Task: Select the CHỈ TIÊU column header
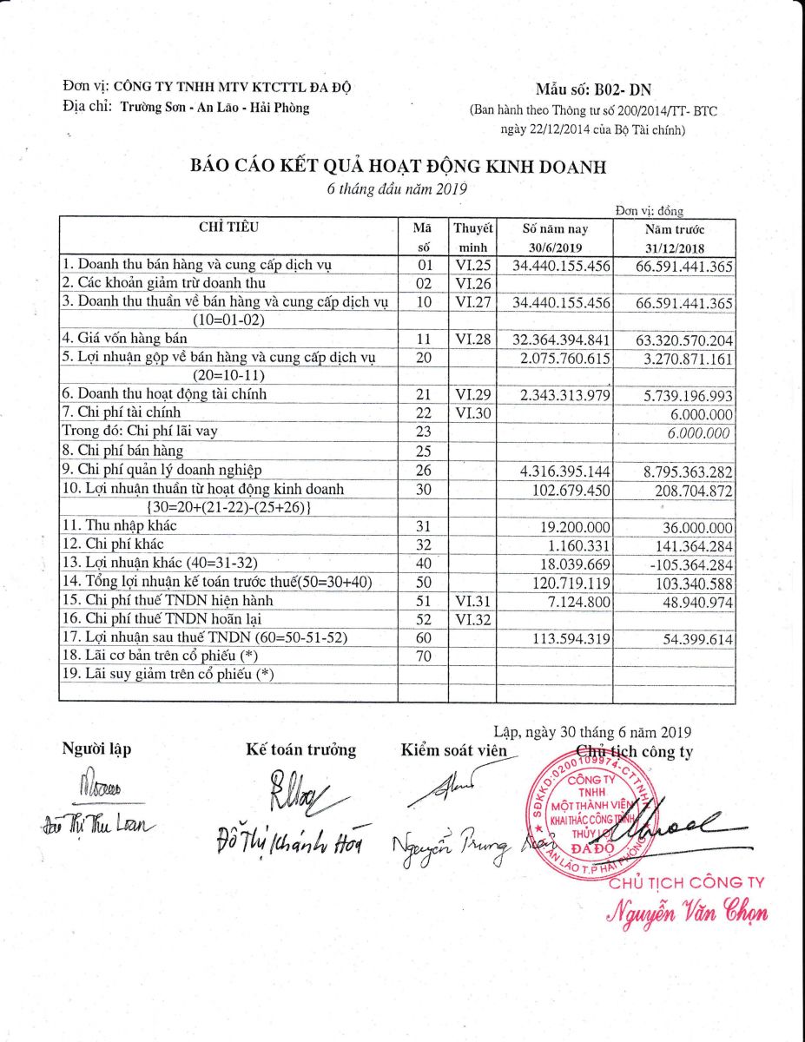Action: [x=228, y=228]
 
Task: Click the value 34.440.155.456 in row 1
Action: [x=562, y=265]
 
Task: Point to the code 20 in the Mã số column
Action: [x=424, y=358]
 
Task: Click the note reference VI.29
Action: [x=472, y=394]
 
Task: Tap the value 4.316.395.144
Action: [x=562, y=471]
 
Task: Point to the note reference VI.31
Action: [x=472, y=601]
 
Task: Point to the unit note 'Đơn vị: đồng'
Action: [x=650, y=211]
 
